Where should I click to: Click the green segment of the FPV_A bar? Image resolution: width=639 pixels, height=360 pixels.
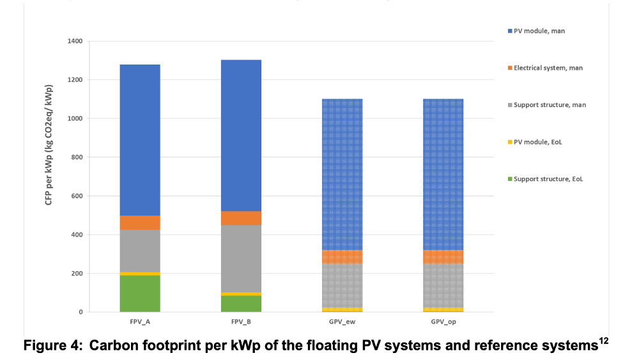point(140,293)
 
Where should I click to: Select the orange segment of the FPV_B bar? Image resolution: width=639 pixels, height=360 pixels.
point(242,218)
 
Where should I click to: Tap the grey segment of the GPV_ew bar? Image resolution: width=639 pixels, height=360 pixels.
point(343,285)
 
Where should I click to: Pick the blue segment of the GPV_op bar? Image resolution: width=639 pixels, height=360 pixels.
point(443,175)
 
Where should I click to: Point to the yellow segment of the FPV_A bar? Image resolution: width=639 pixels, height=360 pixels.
point(140,274)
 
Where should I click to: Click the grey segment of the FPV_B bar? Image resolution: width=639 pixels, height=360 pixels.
point(242,258)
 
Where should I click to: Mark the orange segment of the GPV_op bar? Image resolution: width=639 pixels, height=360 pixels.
point(443,257)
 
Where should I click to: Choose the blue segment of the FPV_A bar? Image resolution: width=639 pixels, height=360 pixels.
point(140,140)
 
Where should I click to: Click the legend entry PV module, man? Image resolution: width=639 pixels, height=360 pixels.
point(536,31)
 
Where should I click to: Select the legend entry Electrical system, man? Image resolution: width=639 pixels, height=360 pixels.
point(545,68)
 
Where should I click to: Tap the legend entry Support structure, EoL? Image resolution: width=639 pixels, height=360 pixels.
point(545,179)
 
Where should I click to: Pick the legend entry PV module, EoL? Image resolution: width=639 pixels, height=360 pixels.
point(535,143)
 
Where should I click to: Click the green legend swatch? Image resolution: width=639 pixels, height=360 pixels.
point(510,179)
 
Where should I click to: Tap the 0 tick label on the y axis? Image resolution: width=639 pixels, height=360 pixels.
point(81,312)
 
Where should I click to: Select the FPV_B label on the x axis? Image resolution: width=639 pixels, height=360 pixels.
point(242,322)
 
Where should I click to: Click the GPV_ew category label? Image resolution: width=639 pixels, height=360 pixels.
point(343,322)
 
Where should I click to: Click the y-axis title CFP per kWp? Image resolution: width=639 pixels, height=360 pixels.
point(49,145)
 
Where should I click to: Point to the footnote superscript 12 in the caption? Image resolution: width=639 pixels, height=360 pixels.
point(604,340)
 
